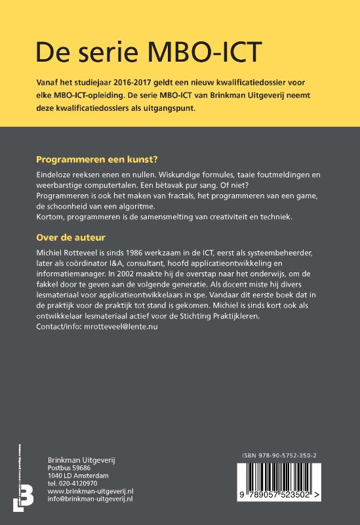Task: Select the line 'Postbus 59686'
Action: click(69, 467)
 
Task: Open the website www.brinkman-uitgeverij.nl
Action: click(90, 491)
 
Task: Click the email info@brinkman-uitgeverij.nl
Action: click(90, 499)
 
